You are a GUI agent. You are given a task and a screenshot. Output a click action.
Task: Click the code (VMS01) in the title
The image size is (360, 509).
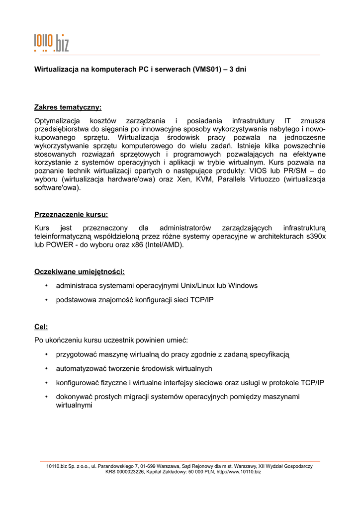[206, 70]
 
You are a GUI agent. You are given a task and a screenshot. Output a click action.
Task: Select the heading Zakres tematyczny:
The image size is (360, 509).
[68, 107]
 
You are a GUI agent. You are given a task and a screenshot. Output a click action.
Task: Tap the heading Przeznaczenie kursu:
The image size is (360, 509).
[71, 215]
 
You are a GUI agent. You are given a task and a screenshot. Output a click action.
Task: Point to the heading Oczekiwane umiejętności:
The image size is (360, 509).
[79, 271]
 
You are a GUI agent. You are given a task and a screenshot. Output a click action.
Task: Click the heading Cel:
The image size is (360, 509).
[41, 327]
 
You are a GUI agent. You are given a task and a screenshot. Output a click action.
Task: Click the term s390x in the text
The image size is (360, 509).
[315, 237]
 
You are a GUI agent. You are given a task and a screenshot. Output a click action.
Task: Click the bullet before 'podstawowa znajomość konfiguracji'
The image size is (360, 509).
[46, 300]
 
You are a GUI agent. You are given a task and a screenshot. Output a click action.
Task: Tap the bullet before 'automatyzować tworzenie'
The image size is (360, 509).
[46, 368]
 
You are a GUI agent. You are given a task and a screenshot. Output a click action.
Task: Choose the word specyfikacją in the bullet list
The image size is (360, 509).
[269, 354]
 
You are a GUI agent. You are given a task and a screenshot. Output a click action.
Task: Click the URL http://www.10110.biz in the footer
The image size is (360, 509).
[238, 472]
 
